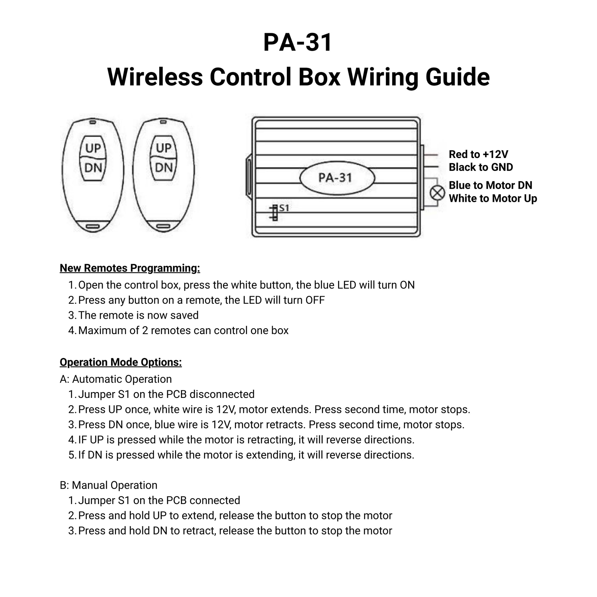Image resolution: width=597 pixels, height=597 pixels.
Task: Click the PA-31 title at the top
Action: click(x=298, y=42)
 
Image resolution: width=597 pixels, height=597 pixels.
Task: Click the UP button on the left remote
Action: click(x=93, y=148)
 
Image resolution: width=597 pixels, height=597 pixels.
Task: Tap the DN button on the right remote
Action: click(x=164, y=168)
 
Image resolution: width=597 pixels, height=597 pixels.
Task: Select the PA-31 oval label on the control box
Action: click(x=337, y=178)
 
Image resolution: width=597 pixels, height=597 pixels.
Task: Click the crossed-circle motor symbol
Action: click(x=437, y=193)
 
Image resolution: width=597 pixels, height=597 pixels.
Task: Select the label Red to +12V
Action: click(x=478, y=154)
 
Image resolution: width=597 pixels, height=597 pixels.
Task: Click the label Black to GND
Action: click(x=481, y=167)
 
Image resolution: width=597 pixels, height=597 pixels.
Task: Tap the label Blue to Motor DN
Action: click(x=490, y=185)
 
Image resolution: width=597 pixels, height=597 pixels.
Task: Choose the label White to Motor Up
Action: click(x=493, y=198)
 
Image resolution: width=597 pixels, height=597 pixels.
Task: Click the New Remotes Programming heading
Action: click(x=130, y=268)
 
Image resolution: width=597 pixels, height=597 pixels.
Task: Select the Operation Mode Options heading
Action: click(x=121, y=362)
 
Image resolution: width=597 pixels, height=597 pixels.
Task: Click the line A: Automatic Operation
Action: click(x=116, y=379)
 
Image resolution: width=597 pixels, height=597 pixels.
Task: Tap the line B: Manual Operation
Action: click(x=109, y=485)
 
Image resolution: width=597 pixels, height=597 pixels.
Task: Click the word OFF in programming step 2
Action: click(x=315, y=300)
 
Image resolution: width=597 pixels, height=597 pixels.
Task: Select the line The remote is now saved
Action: click(x=138, y=315)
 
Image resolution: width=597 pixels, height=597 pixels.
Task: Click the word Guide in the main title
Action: click(x=457, y=77)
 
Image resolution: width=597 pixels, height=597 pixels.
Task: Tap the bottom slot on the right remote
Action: click(x=164, y=227)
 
